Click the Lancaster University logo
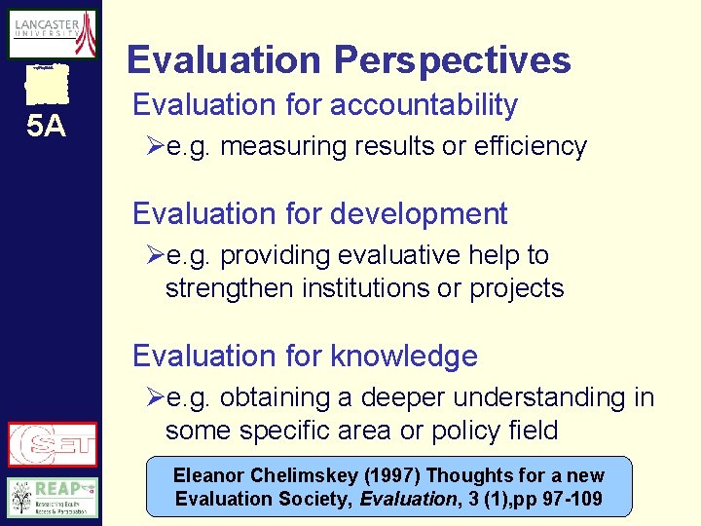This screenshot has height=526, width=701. pos(52,34)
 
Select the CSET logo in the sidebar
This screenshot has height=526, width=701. pos(52,444)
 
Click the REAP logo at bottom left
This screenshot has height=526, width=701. pos(52,497)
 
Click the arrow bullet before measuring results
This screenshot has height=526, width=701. pos(154,147)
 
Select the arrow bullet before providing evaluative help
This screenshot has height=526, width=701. pos(154,255)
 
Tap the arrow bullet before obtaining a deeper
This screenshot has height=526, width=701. pos(154,397)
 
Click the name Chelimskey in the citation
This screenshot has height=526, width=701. pos(287,476)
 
